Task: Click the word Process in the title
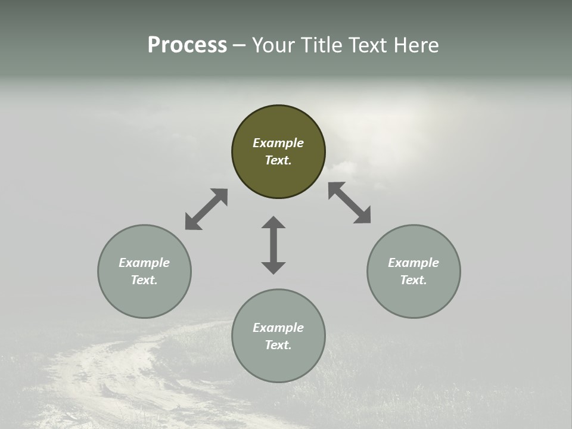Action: (187, 45)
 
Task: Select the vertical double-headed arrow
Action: (273, 245)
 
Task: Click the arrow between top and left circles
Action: (206, 209)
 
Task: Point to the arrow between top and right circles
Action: (350, 203)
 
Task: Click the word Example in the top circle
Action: (278, 143)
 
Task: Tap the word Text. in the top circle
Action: (278, 160)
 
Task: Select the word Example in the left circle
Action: (144, 263)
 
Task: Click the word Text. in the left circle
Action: (144, 280)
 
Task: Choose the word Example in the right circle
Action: (414, 263)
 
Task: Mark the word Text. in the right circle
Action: (414, 280)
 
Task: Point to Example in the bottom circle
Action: (278, 328)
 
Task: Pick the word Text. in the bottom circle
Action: (278, 345)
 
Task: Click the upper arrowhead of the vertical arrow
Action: (273, 223)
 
